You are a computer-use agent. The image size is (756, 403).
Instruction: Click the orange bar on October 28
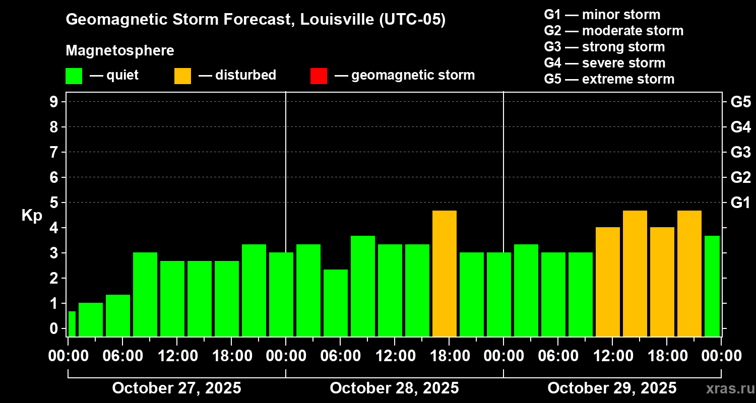tap(445, 274)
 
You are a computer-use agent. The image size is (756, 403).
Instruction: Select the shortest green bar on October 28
tap(336, 303)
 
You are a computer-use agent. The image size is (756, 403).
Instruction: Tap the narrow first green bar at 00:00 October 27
tap(72, 324)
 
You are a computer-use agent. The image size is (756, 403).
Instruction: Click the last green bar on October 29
tap(712, 286)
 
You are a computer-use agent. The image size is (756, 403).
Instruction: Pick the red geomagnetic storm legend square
tap(319, 76)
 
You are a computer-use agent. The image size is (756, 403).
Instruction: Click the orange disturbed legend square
tap(182, 76)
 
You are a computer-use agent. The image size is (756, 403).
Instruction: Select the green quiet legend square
tap(74, 76)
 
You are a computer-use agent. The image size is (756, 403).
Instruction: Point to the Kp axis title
tap(32, 215)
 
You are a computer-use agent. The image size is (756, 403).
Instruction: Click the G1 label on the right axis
tap(740, 203)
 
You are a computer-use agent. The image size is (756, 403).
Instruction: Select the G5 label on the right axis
tap(740, 102)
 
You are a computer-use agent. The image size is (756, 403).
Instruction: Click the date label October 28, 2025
tap(394, 388)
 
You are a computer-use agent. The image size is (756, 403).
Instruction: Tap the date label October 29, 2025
tap(612, 388)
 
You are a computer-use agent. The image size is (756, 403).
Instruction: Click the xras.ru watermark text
tap(726, 388)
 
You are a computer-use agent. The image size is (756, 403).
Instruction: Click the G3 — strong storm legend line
tap(604, 47)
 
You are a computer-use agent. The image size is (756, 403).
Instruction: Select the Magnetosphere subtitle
tap(120, 51)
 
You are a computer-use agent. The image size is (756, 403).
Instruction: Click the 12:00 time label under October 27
tap(178, 356)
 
